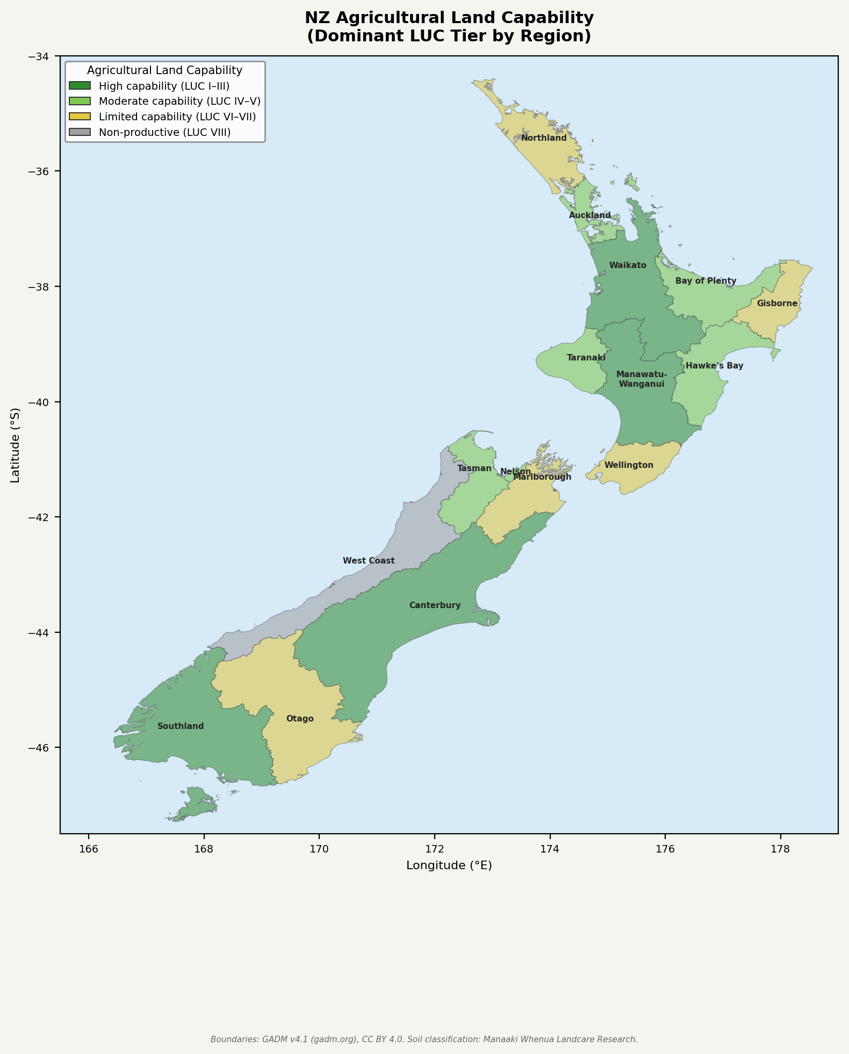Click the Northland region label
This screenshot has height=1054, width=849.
point(544,138)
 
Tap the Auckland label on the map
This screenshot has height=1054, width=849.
point(589,215)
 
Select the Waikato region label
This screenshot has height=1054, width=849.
point(628,265)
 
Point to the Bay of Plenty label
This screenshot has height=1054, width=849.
point(706,281)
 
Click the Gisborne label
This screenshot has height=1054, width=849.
point(777,304)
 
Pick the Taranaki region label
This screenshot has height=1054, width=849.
point(586,358)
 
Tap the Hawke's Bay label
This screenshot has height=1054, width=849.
point(714,366)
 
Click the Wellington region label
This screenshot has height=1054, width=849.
point(629,465)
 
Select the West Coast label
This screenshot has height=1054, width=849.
point(369,561)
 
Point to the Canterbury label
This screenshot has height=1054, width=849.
point(435,605)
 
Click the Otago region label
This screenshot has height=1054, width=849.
point(300,719)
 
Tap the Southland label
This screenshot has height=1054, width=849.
point(181,726)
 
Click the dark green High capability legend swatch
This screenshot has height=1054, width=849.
point(80,86)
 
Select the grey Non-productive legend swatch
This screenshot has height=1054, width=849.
point(80,132)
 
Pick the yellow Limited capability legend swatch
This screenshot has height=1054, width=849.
point(80,117)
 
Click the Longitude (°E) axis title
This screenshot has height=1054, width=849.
point(449,865)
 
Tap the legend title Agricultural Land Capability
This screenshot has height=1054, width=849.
point(164,70)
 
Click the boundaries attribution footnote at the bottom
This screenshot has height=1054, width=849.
point(424,1039)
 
